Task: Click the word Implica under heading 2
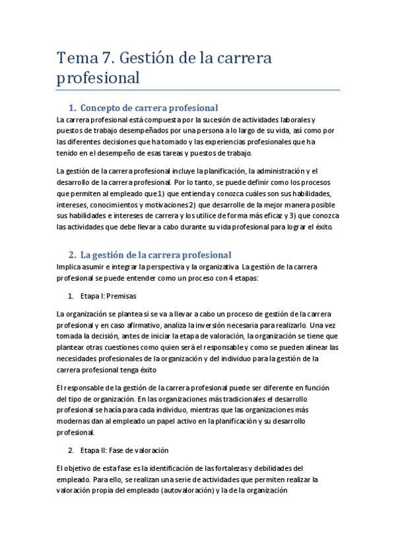69,267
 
